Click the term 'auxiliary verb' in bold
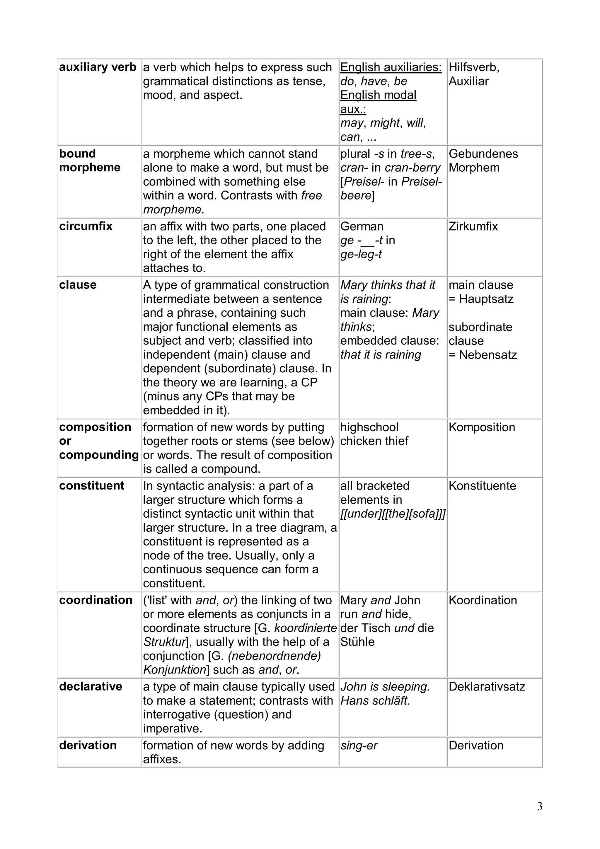[x=98, y=67]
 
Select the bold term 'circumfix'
[x=85, y=226]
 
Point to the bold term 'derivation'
[x=88, y=745]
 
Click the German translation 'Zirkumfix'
[x=473, y=226]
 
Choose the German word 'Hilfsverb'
[x=473, y=67]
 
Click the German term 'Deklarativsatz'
[x=487, y=687]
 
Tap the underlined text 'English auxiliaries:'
[x=391, y=67]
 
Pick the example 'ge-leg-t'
[x=361, y=254]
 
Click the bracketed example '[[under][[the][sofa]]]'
[x=393, y=514]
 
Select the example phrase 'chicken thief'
[x=374, y=441]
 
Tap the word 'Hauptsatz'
[x=486, y=299]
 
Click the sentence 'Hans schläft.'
[x=375, y=701]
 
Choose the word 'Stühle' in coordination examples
[x=357, y=642]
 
